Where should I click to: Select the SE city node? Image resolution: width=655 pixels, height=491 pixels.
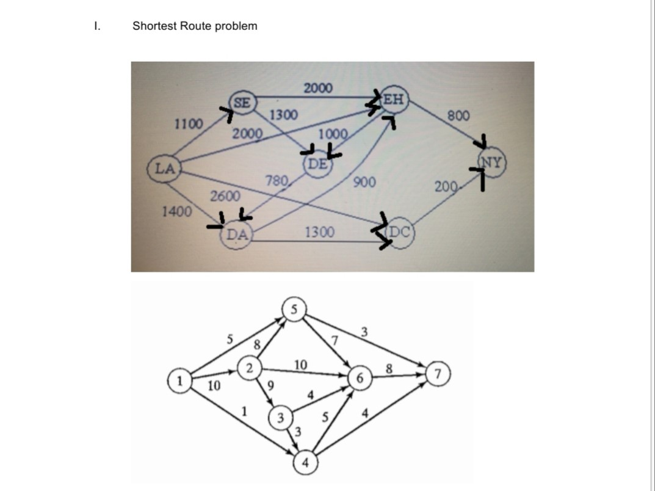click(242, 103)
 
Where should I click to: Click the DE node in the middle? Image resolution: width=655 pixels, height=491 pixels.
click(317, 164)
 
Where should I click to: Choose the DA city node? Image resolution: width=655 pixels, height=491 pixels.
click(237, 234)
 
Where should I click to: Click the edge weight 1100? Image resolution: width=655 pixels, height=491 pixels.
click(188, 124)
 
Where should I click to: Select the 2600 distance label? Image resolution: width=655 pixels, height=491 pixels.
click(225, 196)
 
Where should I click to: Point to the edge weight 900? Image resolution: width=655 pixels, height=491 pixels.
click(364, 182)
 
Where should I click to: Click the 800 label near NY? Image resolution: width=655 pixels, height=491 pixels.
click(458, 115)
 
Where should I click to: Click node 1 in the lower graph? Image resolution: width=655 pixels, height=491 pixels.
click(179, 380)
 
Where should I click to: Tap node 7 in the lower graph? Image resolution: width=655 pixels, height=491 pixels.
click(441, 372)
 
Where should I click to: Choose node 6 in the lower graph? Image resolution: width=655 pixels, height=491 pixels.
click(360, 379)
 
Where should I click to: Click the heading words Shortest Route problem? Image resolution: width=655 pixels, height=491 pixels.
click(195, 26)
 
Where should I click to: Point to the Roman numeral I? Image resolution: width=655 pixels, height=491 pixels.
click(96, 26)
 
